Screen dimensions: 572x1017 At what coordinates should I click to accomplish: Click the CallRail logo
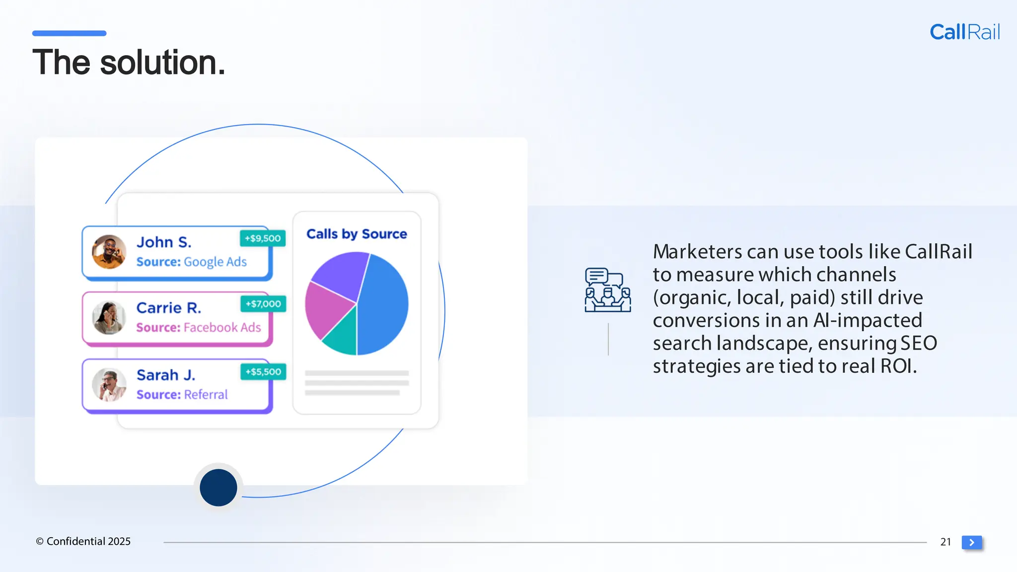point(964,32)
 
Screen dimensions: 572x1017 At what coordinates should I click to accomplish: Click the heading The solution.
point(129,63)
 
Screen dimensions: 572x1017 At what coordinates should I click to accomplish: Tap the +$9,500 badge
point(263,238)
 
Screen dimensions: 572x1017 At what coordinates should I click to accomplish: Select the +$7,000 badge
point(263,304)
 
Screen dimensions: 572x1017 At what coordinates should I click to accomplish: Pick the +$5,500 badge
point(263,372)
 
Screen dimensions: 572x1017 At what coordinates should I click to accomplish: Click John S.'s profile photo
point(109,252)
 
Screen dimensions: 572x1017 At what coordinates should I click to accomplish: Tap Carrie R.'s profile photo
point(109,318)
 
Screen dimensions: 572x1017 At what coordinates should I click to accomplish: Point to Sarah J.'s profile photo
point(109,384)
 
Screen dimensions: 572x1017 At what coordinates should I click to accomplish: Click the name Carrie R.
point(169,308)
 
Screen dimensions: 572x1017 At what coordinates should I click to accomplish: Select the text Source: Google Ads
point(191,262)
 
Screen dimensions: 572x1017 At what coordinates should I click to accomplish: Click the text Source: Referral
point(182,395)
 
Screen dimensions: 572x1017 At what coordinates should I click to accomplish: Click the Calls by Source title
point(357,234)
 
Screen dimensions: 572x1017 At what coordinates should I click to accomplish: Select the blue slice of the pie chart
point(385,303)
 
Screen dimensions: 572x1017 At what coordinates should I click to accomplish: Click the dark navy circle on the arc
point(218,488)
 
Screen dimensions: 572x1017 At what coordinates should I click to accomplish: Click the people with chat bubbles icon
point(608,290)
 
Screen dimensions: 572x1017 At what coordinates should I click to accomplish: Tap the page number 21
point(945,542)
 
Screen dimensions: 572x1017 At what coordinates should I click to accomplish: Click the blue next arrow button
point(972,542)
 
